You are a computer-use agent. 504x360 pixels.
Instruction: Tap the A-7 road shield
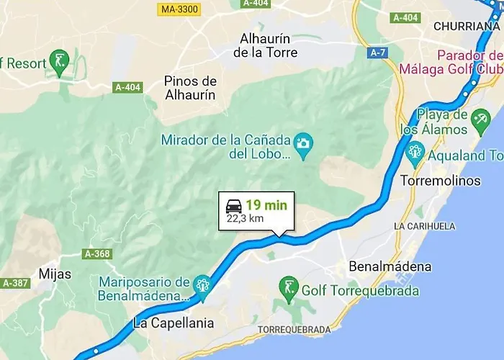[377, 53]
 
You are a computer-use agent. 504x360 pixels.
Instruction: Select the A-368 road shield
[97, 254]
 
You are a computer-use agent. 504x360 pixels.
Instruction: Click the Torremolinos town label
[441, 181]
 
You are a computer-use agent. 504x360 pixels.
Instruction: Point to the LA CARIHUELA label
[424, 226]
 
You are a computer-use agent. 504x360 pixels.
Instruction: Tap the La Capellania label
[174, 323]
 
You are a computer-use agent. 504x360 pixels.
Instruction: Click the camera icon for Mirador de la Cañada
[305, 143]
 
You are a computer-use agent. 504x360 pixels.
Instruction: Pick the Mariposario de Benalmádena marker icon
[202, 285]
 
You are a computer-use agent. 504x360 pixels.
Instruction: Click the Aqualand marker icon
[415, 152]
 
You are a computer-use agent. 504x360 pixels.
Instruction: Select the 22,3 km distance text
[245, 219]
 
